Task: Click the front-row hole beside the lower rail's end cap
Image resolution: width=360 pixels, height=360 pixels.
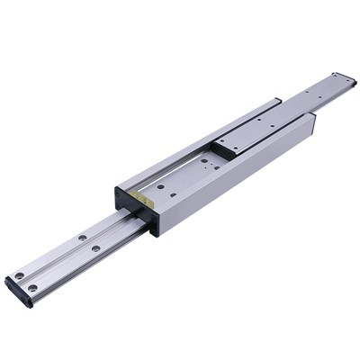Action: coord(33,288)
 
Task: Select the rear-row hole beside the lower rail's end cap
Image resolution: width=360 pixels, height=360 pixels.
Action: coord(19,274)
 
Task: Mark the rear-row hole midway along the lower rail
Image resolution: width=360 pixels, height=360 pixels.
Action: coord(81,237)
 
